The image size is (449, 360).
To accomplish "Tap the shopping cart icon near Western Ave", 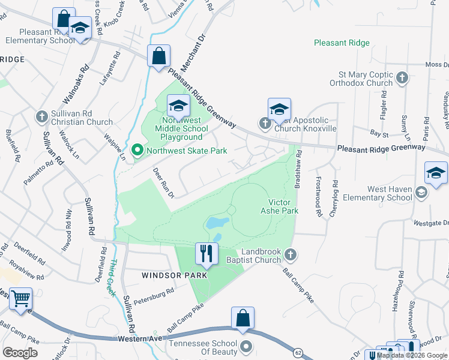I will tap(21, 298).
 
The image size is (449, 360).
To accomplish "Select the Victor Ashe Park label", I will tap(279, 206).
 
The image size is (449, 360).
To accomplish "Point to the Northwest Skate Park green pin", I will tap(137, 151).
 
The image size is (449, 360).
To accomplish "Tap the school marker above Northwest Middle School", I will tap(178, 106).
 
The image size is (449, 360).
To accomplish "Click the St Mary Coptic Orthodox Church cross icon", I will tap(402, 77).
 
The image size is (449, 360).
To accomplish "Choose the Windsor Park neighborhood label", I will tap(174, 275).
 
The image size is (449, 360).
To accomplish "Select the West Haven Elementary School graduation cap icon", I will tap(421, 193).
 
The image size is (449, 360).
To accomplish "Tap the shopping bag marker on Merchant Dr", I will tap(158, 57).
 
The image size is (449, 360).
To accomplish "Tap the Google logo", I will tap(20, 353).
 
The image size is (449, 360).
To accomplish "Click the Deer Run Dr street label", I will tap(163, 183).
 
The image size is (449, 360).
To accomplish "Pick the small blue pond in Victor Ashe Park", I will tap(217, 224).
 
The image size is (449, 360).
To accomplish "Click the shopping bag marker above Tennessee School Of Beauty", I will tap(243, 319).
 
